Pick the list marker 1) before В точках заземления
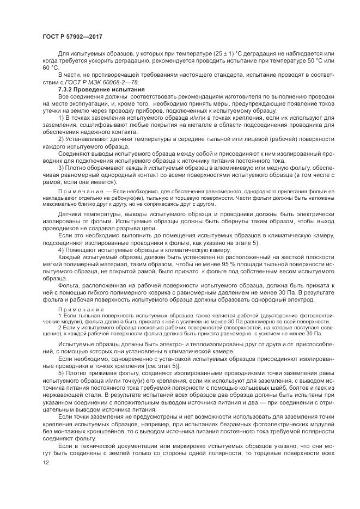click(x=60, y=118)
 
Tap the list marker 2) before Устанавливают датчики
click(x=60, y=139)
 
